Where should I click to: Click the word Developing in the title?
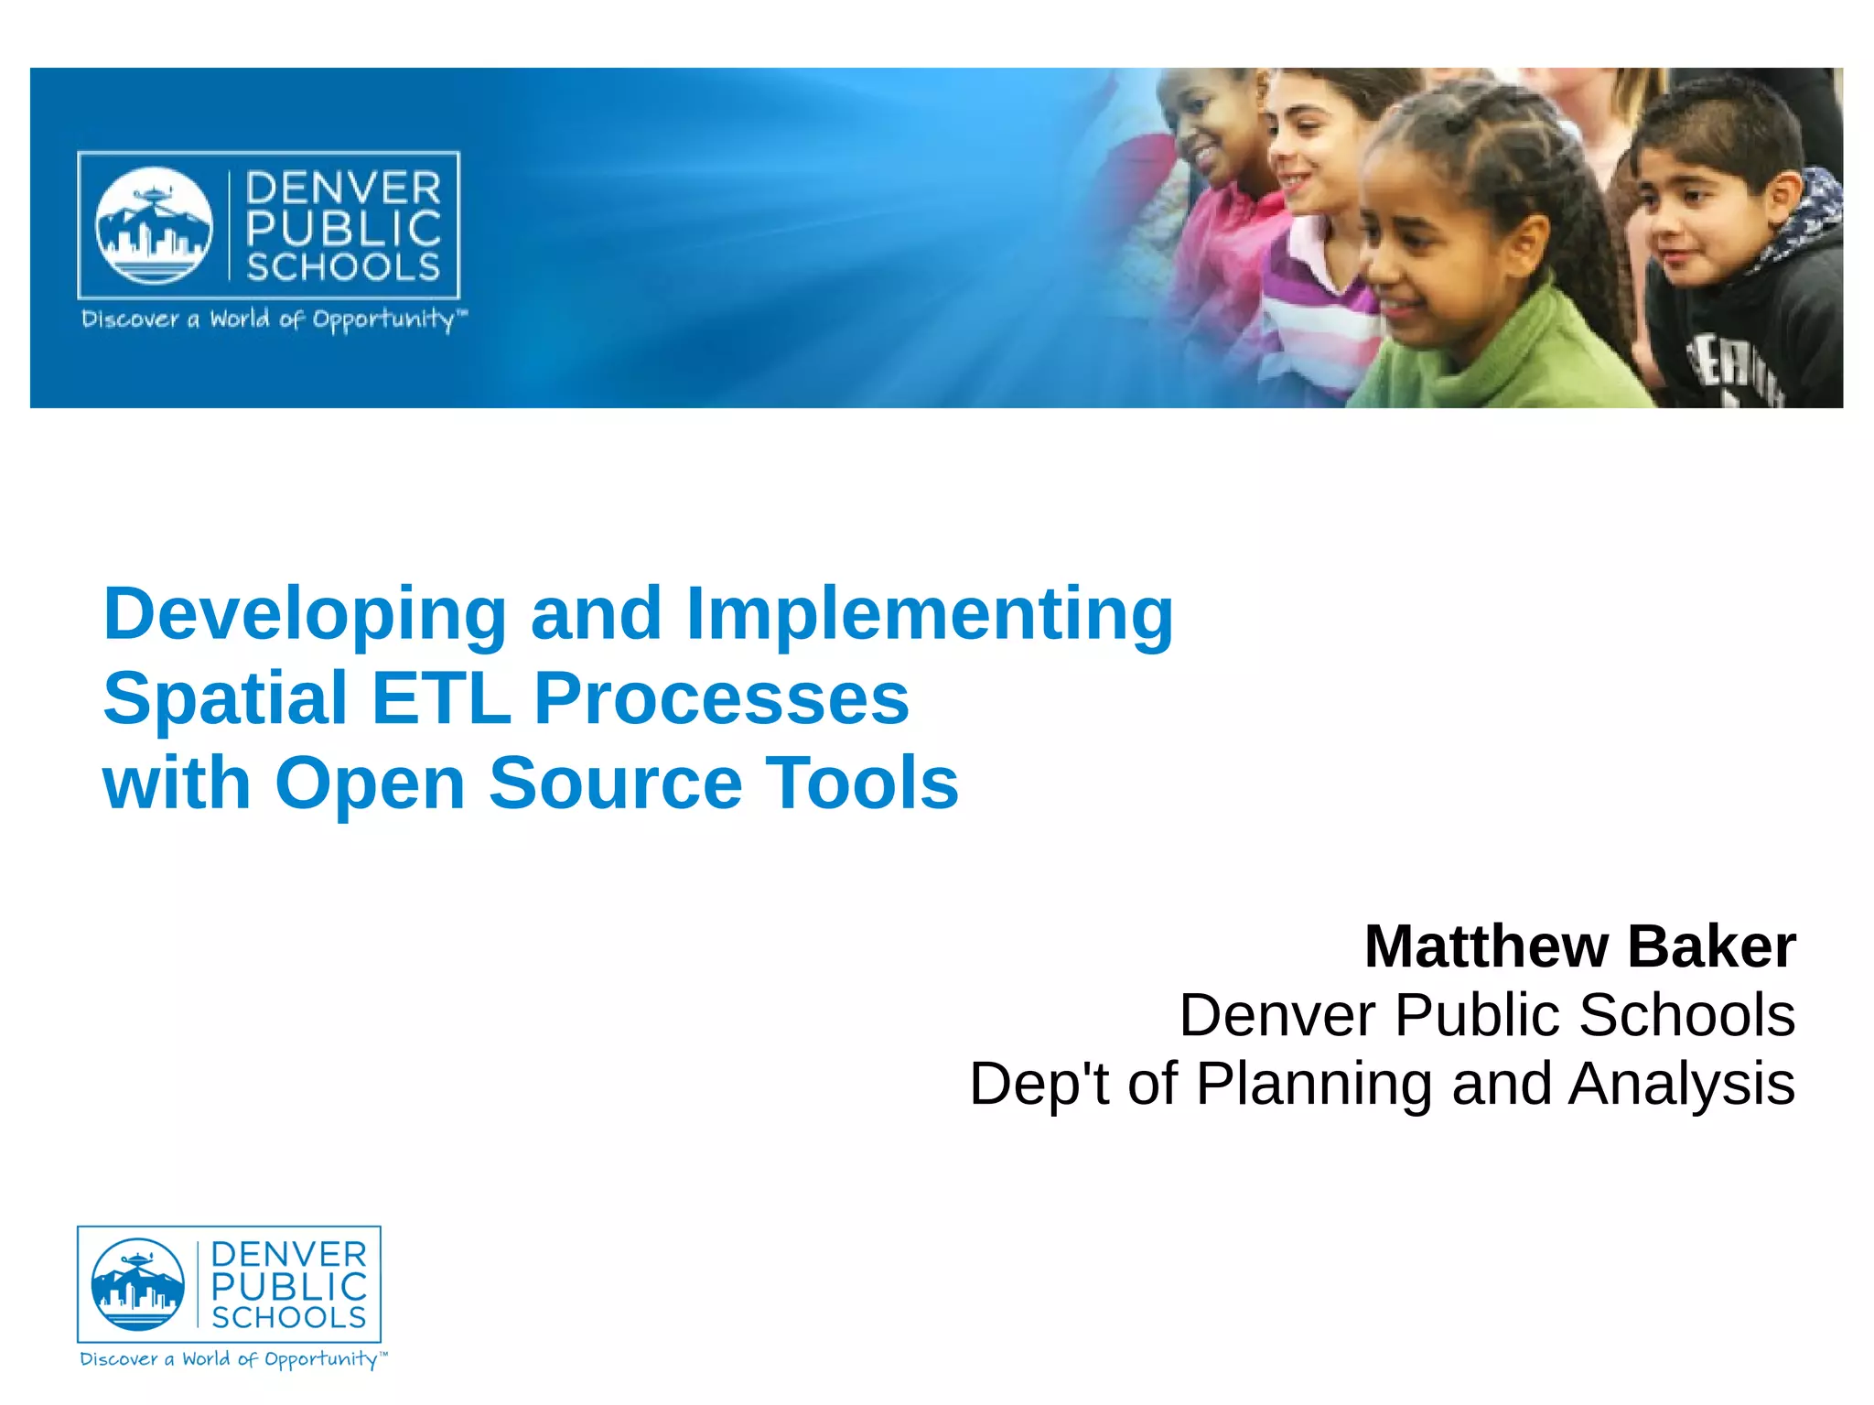(305, 615)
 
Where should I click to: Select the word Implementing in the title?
(929, 615)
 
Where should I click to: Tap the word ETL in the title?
(440, 698)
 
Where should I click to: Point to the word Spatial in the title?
(225, 698)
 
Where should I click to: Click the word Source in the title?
(615, 784)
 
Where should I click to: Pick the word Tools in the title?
(862, 784)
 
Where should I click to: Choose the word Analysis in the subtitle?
(1682, 1085)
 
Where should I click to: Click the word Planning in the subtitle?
(1313, 1085)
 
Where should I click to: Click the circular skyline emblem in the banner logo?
(154, 225)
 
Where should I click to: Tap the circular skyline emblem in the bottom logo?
(138, 1284)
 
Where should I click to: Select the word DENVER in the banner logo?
(343, 189)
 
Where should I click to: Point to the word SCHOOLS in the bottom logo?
(289, 1318)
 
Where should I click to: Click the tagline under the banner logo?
(273, 319)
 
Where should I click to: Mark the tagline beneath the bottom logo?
(232, 1359)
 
